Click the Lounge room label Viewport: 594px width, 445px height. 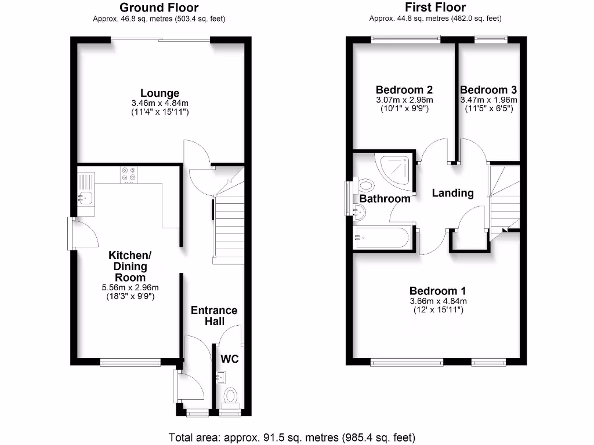[x=160, y=93]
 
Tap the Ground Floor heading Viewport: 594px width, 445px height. [x=159, y=8]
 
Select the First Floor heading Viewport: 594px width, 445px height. [x=435, y=8]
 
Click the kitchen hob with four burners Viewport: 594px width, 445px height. [x=128, y=174]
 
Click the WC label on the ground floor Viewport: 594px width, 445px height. [x=230, y=359]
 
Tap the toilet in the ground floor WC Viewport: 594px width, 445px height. [x=231, y=397]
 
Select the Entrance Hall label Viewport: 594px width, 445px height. [x=214, y=316]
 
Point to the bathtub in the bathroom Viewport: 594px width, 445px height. [x=383, y=238]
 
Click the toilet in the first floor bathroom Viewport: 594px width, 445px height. [x=365, y=185]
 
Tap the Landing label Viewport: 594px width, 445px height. [x=453, y=193]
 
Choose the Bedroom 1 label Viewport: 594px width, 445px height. [x=438, y=291]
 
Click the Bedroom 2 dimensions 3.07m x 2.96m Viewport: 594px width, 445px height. [x=404, y=100]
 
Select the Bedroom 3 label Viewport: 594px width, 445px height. [x=488, y=90]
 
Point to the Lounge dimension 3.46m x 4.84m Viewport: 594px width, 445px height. [x=160, y=104]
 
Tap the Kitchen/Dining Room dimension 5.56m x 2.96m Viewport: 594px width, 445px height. [x=130, y=287]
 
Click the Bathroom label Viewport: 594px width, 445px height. [x=385, y=199]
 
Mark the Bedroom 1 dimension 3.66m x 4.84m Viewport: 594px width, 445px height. [x=438, y=301]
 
